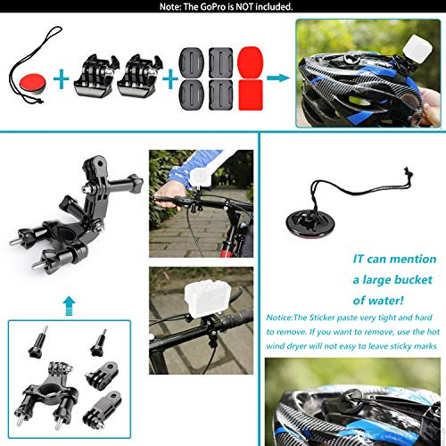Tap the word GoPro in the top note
pyautogui.click(x=196, y=7)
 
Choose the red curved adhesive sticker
pyautogui.click(x=250, y=78)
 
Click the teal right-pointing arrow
pyautogui.click(x=277, y=78)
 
